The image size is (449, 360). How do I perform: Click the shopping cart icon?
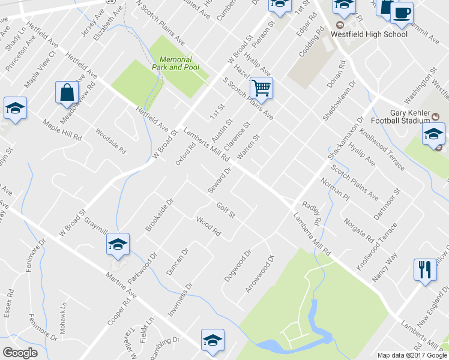[x=261, y=88]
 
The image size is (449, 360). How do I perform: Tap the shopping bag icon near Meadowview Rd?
[x=67, y=92]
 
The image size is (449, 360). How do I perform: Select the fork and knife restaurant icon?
[x=425, y=269]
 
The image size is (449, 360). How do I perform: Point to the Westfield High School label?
[x=369, y=34]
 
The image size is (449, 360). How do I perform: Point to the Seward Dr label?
[x=220, y=180]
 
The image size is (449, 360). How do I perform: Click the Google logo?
[x=20, y=353]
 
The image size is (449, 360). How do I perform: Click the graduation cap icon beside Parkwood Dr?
[x=118, y=244]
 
